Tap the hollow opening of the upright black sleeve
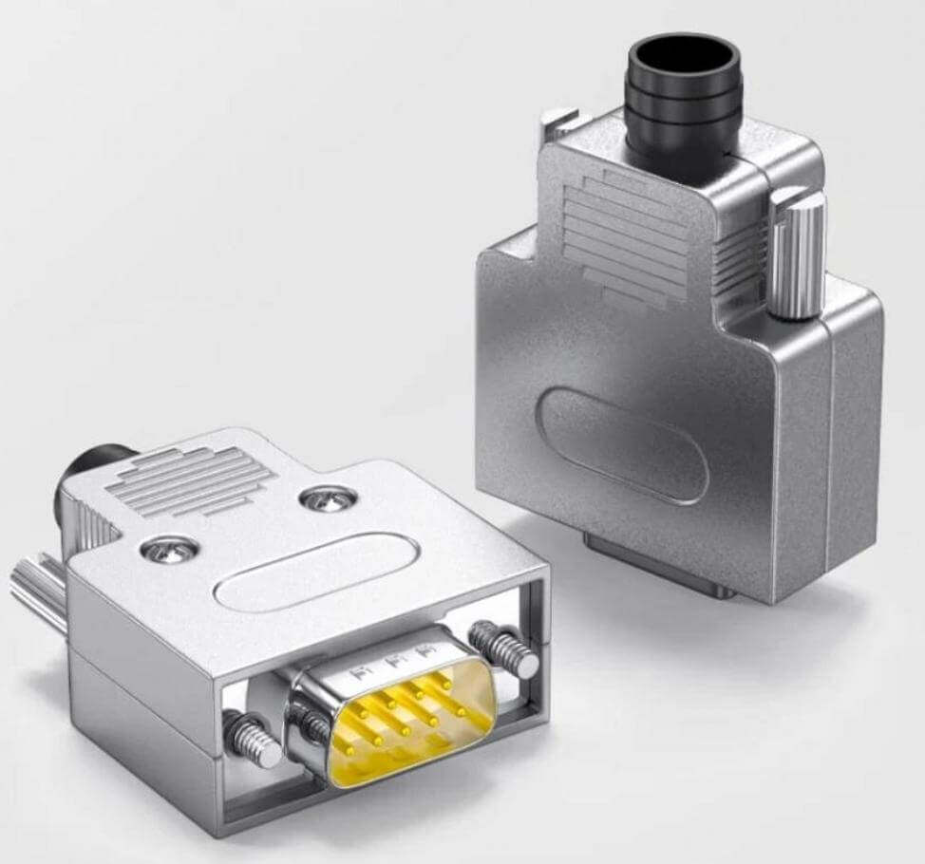click(x=682, y=55)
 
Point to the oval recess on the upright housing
click(x=622, y=444)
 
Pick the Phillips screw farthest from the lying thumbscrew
click(x=329, y=497)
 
